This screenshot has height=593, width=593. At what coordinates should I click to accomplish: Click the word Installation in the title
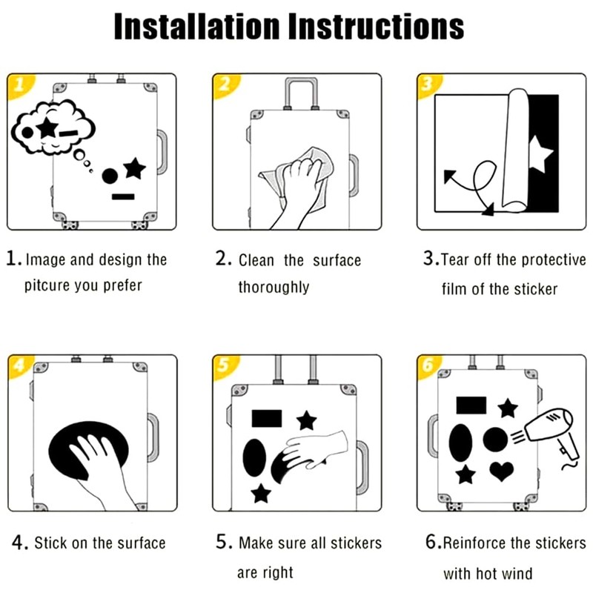(x=196, y=26)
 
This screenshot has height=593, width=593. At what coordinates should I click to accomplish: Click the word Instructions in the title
(x=376, y=26)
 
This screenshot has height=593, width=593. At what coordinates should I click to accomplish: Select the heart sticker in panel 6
(x=502, y=471)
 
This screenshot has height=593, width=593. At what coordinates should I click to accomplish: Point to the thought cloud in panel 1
(x=53, y=127)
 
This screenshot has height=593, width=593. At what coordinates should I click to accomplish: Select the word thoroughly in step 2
(x=274, y=287)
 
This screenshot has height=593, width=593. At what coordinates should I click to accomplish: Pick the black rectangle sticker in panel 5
(x=267, y=418)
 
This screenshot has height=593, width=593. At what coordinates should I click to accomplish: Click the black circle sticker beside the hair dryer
(x=495, y=440)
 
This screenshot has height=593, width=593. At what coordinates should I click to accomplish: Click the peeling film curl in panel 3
(x=515, y=150)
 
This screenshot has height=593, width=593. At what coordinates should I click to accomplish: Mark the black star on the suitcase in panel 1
(x=135, y=168)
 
